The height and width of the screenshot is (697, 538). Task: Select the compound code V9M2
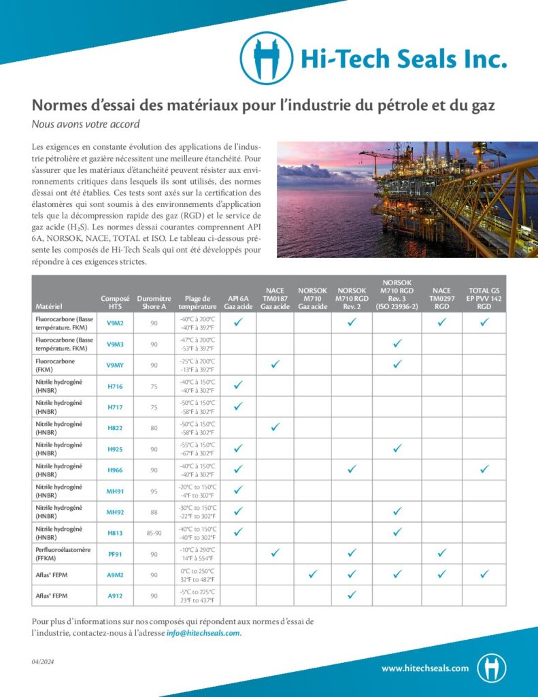coord(115,323)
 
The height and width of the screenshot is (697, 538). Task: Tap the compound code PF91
coord(115,553)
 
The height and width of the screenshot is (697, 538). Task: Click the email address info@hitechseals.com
coord(203,633)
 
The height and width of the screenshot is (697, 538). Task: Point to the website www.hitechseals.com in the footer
coord(425,668)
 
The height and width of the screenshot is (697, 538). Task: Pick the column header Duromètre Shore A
coord(154,302)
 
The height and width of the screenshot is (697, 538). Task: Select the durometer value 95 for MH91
coord(154,491)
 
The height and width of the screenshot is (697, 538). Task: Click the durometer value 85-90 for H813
coord(154,533)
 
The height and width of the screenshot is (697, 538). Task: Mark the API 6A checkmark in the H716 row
coord(238,385)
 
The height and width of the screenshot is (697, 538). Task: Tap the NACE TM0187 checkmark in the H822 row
coord(275,427)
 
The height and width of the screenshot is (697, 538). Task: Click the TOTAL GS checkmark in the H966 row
coord(484,469)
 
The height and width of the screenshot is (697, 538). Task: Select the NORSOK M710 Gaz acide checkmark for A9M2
coord(312,574)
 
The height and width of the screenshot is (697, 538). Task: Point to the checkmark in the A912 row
coord(352,595)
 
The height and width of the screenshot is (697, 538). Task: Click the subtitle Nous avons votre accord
coord(86,124)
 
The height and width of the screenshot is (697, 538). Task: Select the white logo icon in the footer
coord(491,668)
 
